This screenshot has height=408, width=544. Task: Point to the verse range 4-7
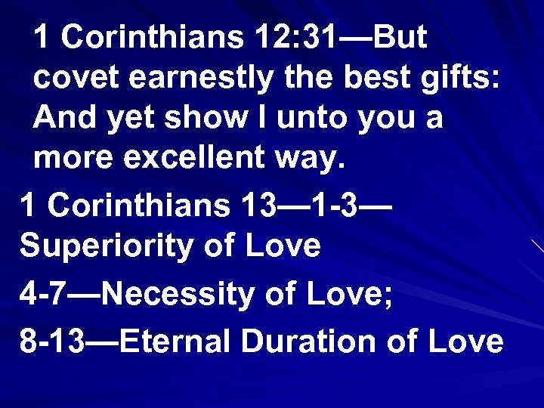pyautogui.click(x=42, y=293)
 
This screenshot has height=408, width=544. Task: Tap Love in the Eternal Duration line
pyautogui.click(x=464, y=341)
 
